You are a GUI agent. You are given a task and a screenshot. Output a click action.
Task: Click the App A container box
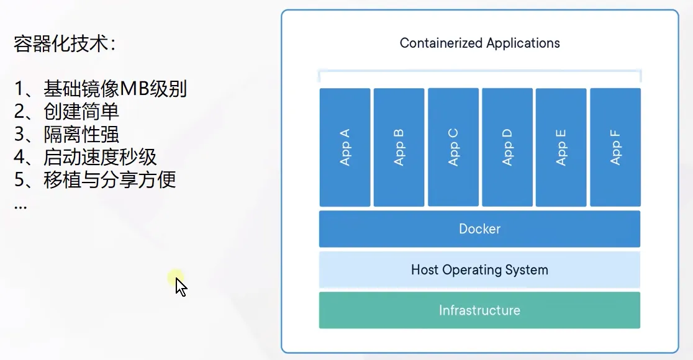(x=345, y=147)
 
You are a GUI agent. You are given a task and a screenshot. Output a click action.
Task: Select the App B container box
(x=399, y=147)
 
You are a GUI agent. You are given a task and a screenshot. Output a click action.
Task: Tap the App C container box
(x=453, y=147)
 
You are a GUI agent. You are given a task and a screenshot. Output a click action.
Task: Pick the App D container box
(x=507, y=147)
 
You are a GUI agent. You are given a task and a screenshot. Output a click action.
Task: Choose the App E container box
(x=561, y=147)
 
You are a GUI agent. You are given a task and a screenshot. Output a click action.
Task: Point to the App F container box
(x=615, y=147)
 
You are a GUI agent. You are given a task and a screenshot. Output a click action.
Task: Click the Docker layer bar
(x=479, y=229)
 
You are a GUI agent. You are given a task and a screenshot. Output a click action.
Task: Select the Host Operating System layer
(x=479, y=270)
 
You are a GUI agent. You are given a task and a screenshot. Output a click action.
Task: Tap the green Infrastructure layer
(x=479, y=310)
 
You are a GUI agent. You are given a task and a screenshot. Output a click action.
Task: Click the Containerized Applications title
(x=479, y=43)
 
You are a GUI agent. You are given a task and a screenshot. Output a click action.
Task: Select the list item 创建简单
(x=81, y=112)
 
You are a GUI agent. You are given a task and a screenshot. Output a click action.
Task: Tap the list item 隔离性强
(x=81, y=134)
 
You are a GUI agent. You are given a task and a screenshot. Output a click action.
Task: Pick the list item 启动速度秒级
(x=100, y=156)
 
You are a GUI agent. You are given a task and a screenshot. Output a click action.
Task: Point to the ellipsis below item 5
(x=20, y=205)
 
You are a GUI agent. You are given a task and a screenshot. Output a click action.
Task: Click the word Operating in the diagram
(x=471, y=270)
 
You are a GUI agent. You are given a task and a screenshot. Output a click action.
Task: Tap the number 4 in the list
(x=19, y=157)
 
